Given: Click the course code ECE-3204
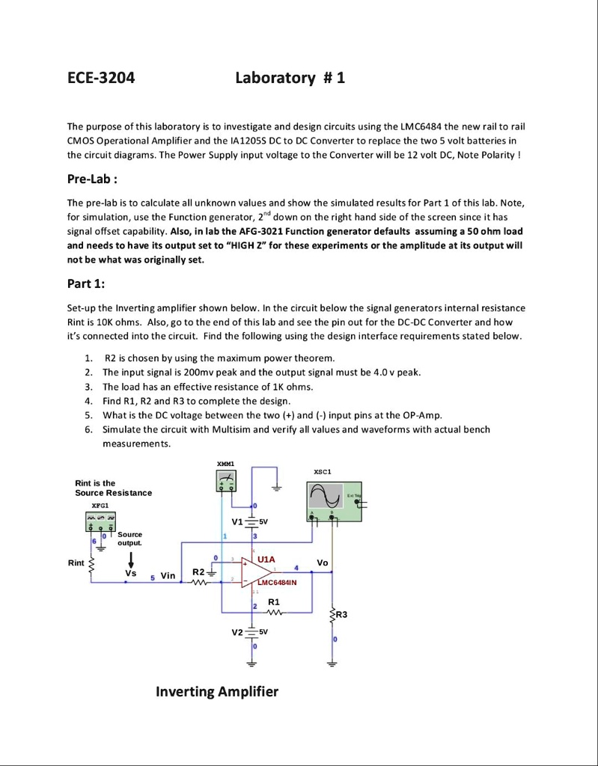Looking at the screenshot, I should tap(102, 78).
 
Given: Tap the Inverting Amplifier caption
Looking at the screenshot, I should tap(216, 691).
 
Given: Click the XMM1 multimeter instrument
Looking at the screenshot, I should tap(225, 484).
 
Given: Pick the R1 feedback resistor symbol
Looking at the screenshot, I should tap(273, 613).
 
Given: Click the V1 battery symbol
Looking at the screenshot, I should tap(252, 522).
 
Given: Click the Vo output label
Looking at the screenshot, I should tap(323, 562).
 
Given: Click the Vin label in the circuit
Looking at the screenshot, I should tap(168, 576).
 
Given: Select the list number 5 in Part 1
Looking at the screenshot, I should tap(88, 415).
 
